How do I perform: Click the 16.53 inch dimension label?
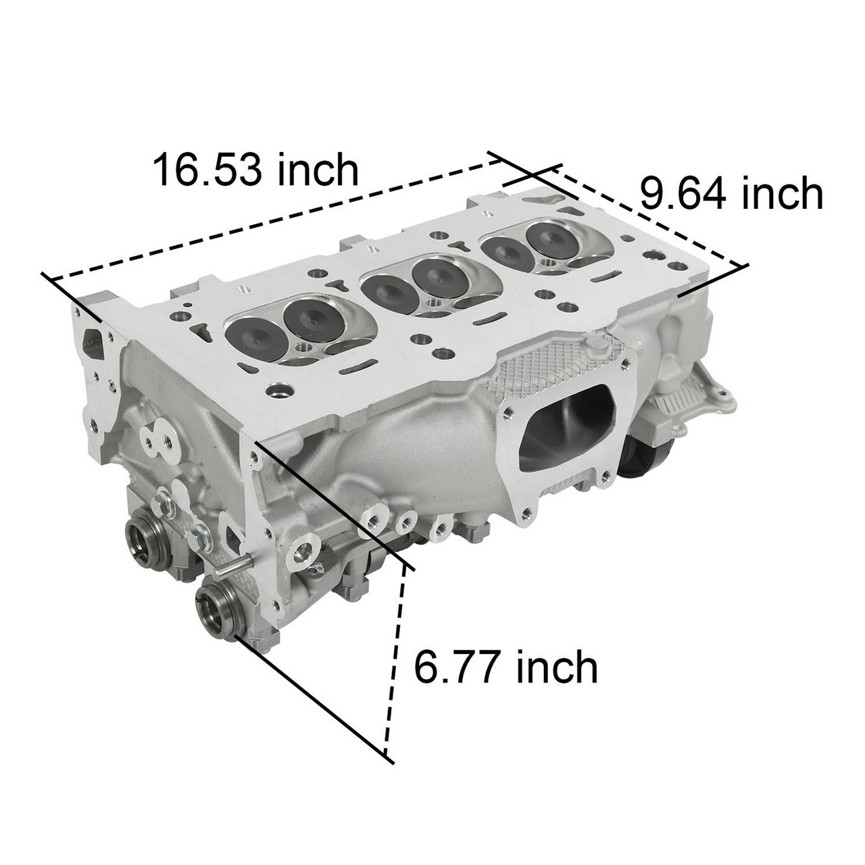tap(256, 171)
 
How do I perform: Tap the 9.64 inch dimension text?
tap(731, 195)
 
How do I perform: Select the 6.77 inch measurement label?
tap(505, 668)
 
